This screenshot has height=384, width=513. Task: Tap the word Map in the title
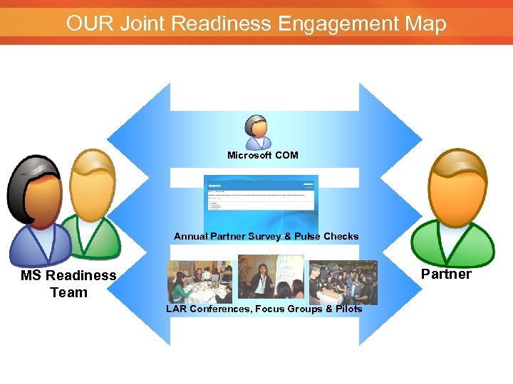[x=425, y=23]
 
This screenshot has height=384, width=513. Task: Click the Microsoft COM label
[x=263, y=155]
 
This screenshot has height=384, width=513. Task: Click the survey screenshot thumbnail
[x=261, y=202]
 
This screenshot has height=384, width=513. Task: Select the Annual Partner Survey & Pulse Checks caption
[x=266, y=236]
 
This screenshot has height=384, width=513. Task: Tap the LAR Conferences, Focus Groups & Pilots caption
[x=264, y=309]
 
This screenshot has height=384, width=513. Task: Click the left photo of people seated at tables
[x=199, y=282]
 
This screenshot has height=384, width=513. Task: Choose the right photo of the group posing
[x=343, y=282]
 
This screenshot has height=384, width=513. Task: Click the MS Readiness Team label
[x=68, y=284]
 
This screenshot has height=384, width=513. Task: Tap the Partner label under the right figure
[x=446, y=274]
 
